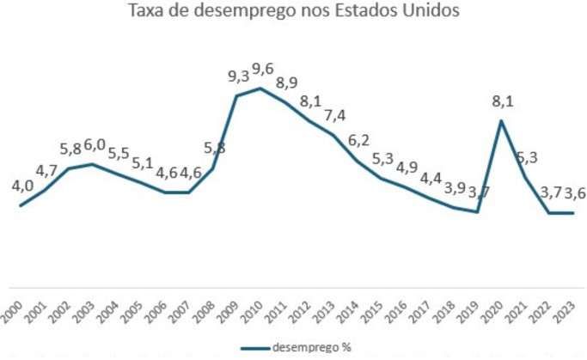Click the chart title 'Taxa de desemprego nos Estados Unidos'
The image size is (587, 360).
[293, 12]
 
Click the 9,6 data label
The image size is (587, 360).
[261, 70]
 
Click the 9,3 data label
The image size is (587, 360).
[238, 77]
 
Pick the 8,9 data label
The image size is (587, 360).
[287, 82]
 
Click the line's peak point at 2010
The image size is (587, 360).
[260, 88]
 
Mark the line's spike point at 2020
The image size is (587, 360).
[501, 120]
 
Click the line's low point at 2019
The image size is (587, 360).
[477, 211]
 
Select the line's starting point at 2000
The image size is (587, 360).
[21, 205]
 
